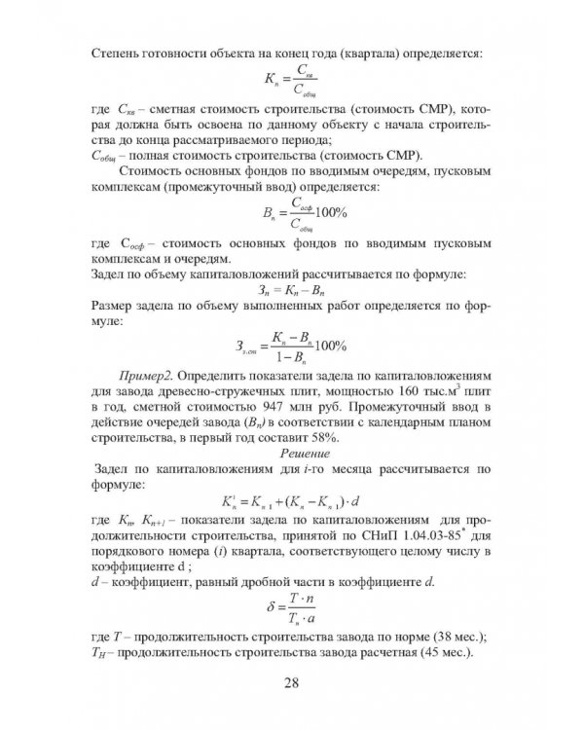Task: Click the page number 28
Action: point(291,681)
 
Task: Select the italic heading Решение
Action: point(307,453)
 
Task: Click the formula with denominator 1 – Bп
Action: point(292,346)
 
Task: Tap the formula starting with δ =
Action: point(292,609)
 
